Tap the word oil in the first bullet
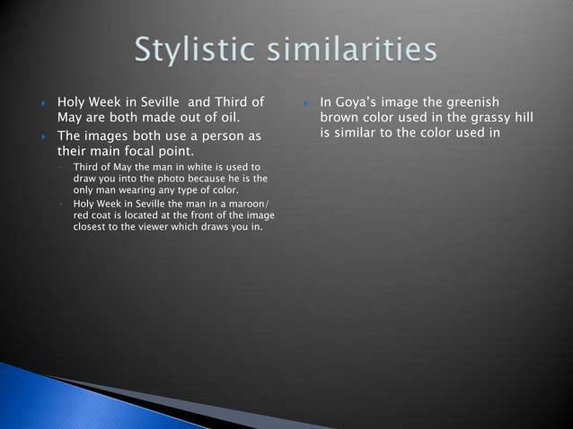coord(229,117)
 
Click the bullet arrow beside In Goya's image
coord(306,102)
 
